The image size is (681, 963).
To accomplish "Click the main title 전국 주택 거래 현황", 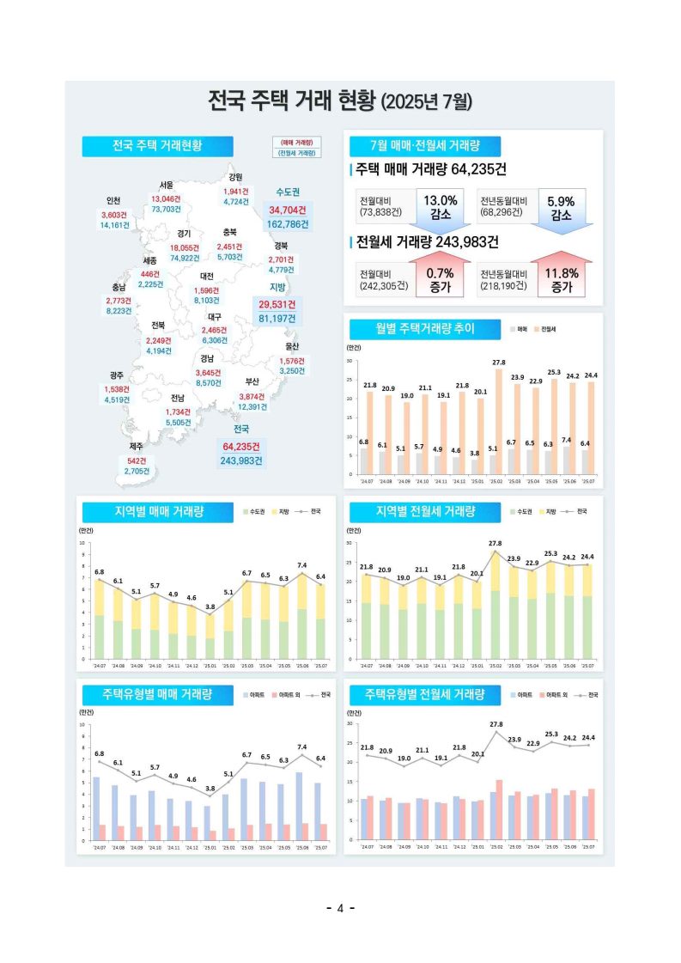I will click(x=340, y=101).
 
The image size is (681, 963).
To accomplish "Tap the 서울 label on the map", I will click(x=166, y=186).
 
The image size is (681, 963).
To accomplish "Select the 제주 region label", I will click(x=136, y=447).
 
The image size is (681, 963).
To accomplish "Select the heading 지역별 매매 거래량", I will click(x=159, y=512).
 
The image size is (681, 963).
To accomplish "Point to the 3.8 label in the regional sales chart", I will click(x=210, y=606).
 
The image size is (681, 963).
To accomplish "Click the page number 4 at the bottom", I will click(x=340, y=908).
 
